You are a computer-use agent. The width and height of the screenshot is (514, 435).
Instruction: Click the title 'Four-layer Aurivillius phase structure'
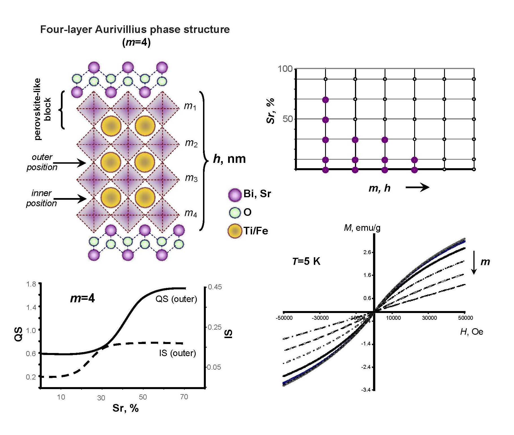click(135, 30)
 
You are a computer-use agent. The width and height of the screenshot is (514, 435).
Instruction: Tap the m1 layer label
click(190, 106)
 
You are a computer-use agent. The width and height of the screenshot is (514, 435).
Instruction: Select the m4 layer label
click(191, 213)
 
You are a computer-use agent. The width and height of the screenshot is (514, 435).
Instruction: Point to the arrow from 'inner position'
click(70, 199)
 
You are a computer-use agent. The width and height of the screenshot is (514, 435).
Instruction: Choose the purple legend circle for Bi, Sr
click(235, 195)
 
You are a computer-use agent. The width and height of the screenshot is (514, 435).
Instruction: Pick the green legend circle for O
click(235, 213)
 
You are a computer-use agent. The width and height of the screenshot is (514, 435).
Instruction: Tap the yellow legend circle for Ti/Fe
click(235, 231)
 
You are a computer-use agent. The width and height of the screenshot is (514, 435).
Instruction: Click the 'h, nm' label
click(229, 159)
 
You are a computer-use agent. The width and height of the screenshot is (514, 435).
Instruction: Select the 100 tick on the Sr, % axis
click(285, 69)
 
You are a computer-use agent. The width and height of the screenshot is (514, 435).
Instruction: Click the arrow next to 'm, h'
click(417, 187)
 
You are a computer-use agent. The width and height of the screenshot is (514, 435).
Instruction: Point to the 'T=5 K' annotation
click(306, 261)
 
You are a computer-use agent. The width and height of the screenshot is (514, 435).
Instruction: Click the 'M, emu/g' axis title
click(362, 228)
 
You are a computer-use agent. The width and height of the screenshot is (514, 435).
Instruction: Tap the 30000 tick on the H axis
click(429, 318)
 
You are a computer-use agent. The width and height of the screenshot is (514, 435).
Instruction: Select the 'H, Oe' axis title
click(471, 332)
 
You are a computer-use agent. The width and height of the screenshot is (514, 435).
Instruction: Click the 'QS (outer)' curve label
click(176, 299)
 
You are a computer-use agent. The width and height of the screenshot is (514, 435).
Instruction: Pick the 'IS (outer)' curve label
click(177, 353)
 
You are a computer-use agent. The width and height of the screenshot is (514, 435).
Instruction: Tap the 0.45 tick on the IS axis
click(215, 287)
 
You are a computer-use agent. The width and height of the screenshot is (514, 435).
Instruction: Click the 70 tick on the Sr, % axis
click(184, 397)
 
